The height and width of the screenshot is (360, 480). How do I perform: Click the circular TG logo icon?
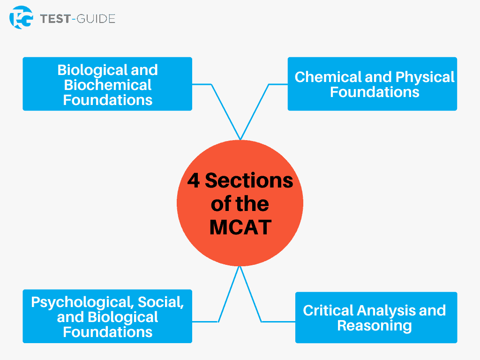click(x=21, y=17)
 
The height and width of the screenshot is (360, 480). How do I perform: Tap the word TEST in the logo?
click(x=55, y=19)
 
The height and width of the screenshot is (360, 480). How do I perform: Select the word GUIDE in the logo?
click(x=96, y=19)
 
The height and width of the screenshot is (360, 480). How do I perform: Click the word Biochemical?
click(x=107, y=85)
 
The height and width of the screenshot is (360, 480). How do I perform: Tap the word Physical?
click(x=425, y=78)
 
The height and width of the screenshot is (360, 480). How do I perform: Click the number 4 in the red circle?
click(x=194, y=180)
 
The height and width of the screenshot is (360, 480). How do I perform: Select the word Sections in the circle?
click(x=249, y=180)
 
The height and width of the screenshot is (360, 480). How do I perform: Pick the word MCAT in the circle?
click(x=240, y=227)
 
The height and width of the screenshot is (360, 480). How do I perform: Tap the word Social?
click(x=161, y=302)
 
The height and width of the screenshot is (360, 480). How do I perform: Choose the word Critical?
click(x=328, y=310)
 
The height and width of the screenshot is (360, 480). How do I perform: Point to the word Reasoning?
click(x=375, y=326)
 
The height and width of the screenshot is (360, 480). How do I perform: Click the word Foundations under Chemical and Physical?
click(x=375, y=92)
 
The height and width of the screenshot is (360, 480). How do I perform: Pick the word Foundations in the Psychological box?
click(x=107, y=332)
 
